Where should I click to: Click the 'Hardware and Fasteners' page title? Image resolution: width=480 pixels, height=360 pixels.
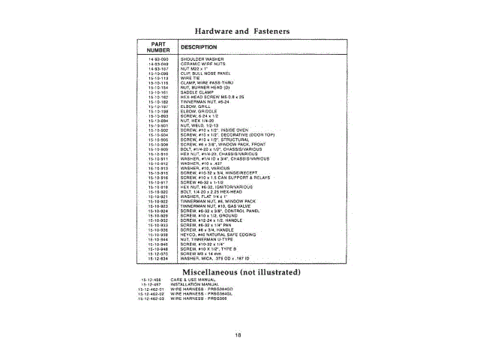point(241,31)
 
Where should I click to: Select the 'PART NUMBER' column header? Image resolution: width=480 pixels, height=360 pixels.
point(157,46)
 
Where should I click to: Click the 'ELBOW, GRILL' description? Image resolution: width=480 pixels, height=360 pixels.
point(197,107)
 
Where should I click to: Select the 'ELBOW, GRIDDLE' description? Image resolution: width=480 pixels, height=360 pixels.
point(199,112)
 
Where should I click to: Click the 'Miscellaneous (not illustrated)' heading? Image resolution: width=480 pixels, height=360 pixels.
point(241,270)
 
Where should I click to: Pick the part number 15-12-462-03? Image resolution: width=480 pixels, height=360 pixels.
point(152,298)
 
